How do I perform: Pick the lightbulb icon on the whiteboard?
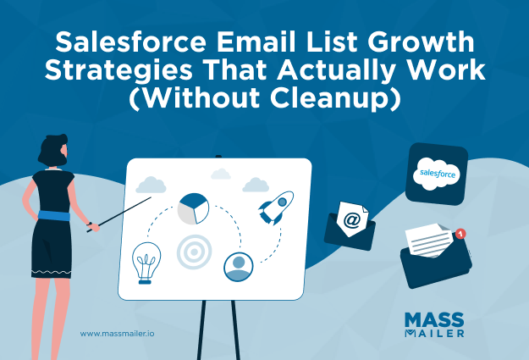(149, 262)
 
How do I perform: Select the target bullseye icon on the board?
(193, 252)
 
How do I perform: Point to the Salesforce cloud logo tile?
(438, 174)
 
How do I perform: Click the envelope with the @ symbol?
(350, 223)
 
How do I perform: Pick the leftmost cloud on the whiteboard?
(150, 185)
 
